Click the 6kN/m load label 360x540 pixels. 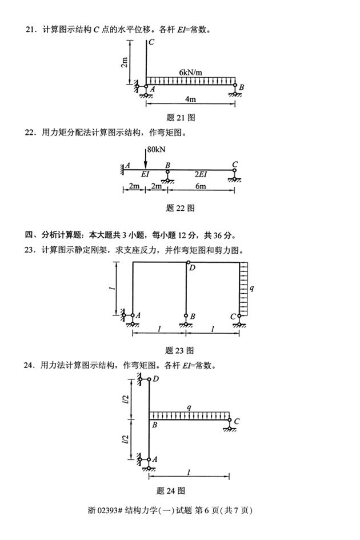(x=190, y=73)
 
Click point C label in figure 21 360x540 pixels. (x=150, y=42)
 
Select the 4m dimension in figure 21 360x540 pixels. (x=190, y=99)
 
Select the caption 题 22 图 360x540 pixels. (x=180, y=207)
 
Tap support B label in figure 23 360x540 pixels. (x=193, y=316)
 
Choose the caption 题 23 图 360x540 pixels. (x=179, y=350)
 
